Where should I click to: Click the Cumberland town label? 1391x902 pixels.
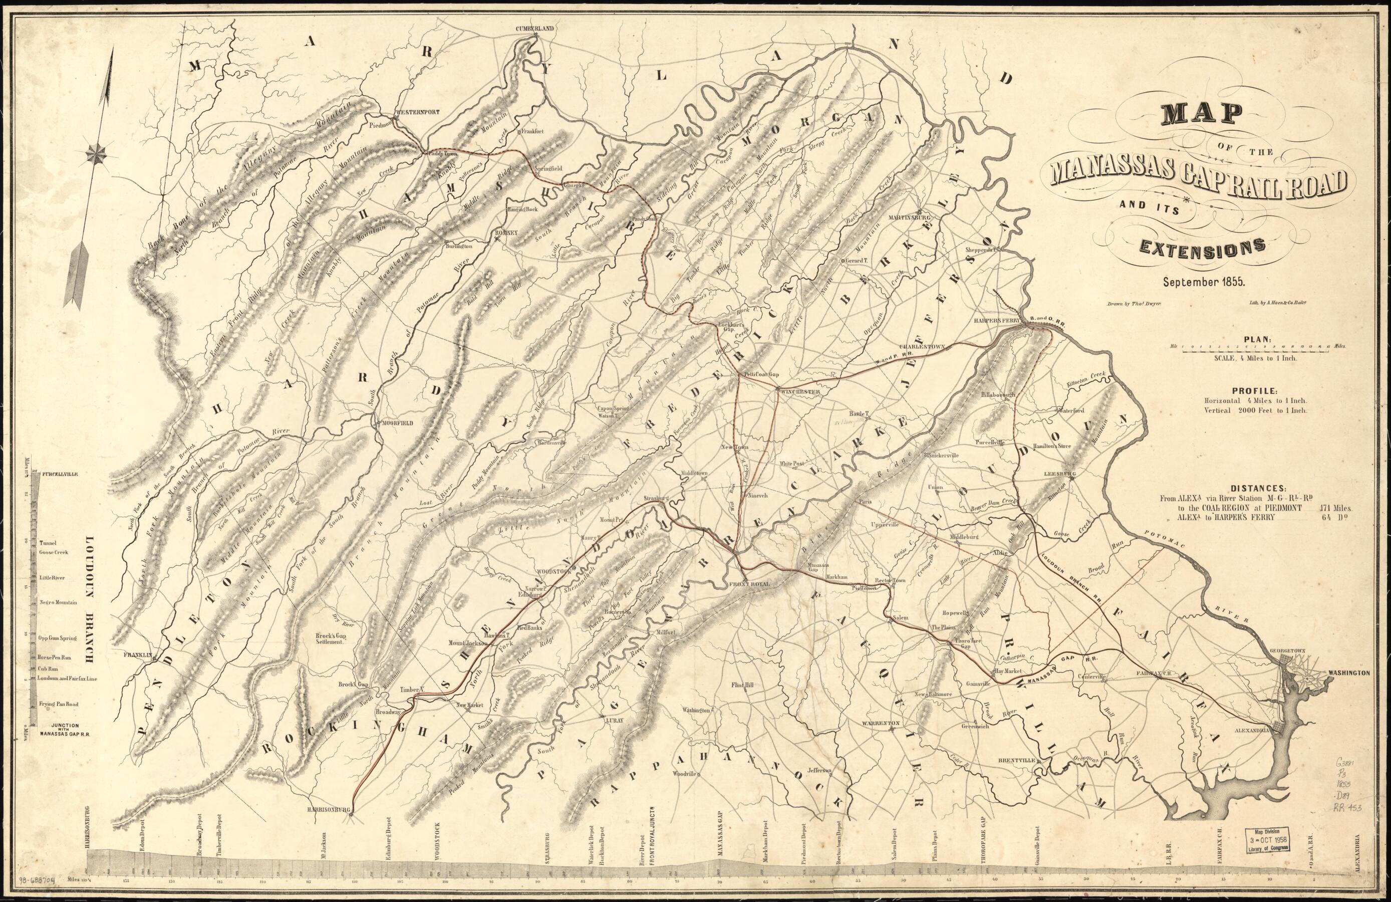tap(534, 28)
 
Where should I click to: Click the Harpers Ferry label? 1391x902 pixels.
tap(996, 320)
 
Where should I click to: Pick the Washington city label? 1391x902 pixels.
tap(1349, 673)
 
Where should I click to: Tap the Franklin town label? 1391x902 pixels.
tap(138, 655)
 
